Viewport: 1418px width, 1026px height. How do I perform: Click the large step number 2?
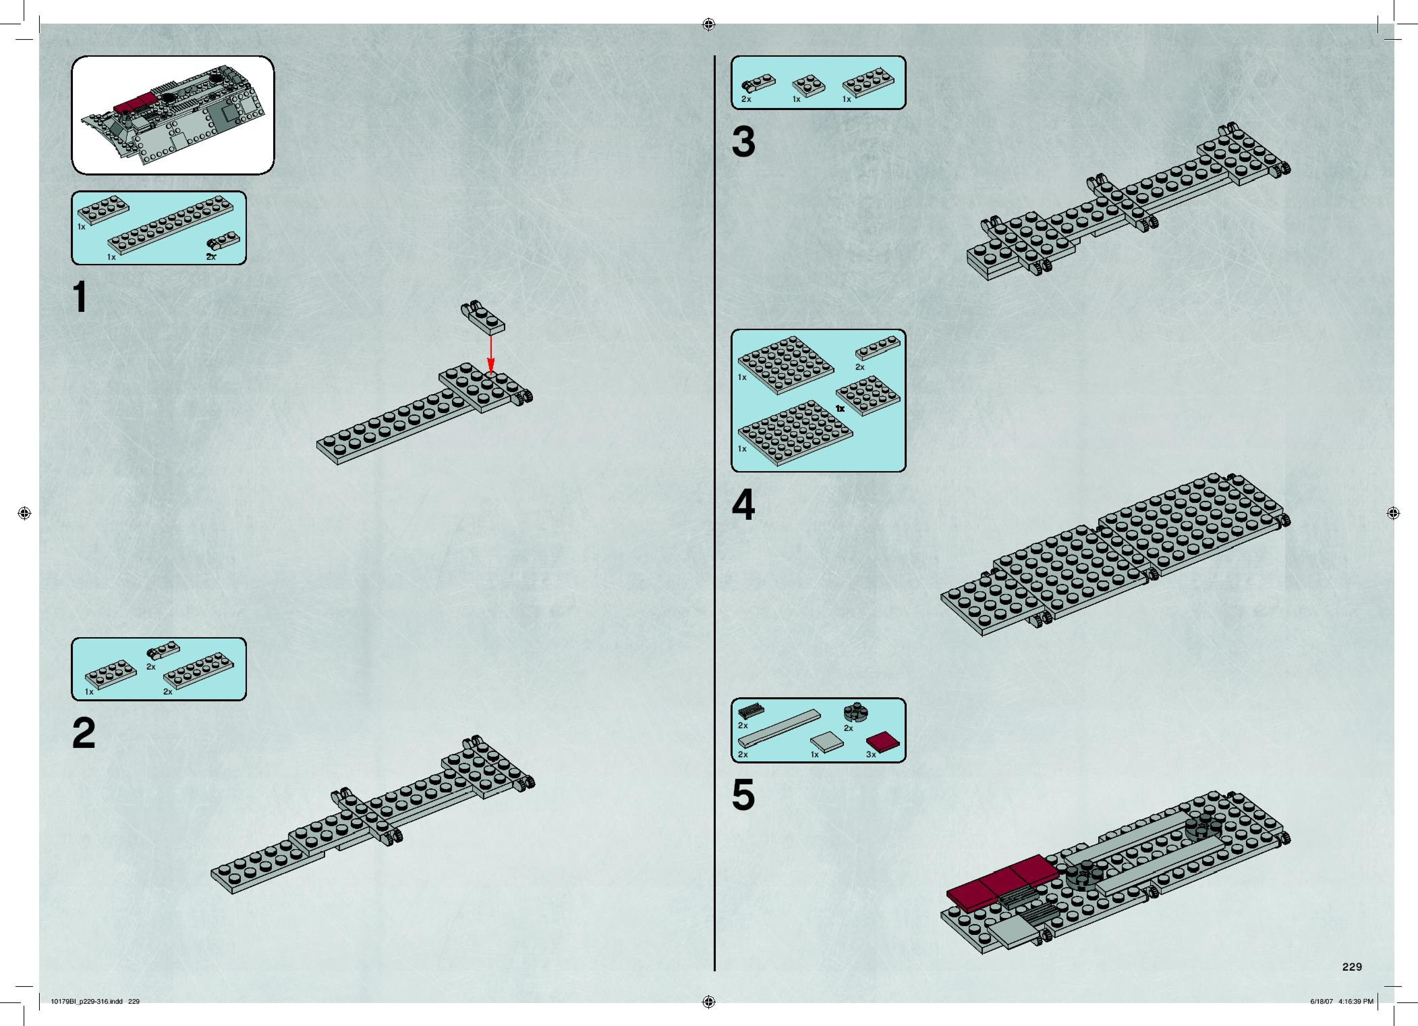[x=84, y=733]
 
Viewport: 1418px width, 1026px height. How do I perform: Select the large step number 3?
[x=743, y=143]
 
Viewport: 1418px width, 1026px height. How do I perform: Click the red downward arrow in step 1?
[x=491, y=353]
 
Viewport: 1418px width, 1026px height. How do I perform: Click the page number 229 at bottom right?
[x=1352, y=967]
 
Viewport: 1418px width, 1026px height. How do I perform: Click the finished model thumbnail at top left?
[x=173, y=115]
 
